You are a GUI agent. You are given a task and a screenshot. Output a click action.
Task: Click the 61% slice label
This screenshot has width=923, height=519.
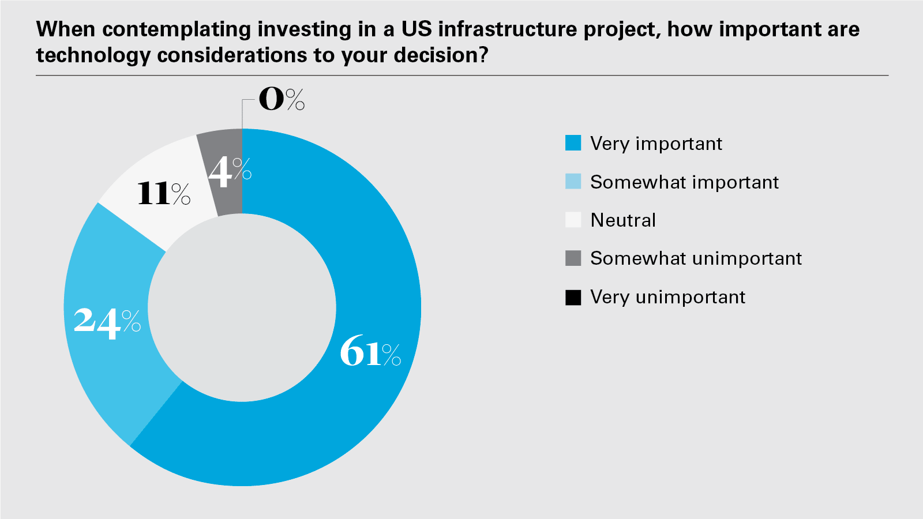point(370,353)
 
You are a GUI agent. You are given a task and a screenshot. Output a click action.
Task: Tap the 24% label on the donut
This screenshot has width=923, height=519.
point(107,321)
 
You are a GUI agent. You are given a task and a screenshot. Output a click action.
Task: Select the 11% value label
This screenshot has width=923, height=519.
point(164,193)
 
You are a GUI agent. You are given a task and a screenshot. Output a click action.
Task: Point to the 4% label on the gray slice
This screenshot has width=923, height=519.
point(230,171)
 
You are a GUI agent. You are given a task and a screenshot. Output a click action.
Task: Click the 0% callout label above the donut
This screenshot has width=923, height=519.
point(281,99)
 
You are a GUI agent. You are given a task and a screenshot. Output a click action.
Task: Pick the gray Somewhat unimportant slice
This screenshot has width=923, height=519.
point(222,144)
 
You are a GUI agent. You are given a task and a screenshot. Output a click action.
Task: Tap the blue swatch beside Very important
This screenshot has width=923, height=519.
point(573,143)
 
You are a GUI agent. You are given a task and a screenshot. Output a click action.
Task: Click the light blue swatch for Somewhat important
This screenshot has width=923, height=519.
point(573,182)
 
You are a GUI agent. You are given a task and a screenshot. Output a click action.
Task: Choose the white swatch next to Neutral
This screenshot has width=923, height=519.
point(573,220)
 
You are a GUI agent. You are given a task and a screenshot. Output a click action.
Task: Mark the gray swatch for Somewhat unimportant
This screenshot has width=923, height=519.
point(573,258)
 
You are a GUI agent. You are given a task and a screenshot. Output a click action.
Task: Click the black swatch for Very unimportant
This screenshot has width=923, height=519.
point(573,297)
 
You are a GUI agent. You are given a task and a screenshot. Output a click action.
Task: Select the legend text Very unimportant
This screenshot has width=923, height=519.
point(667,297)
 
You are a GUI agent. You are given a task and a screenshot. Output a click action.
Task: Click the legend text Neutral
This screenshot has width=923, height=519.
point(623,220)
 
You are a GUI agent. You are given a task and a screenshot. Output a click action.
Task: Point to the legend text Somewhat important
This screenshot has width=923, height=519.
point(684,182)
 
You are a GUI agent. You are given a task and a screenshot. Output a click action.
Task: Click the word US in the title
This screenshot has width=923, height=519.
point(417,29)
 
